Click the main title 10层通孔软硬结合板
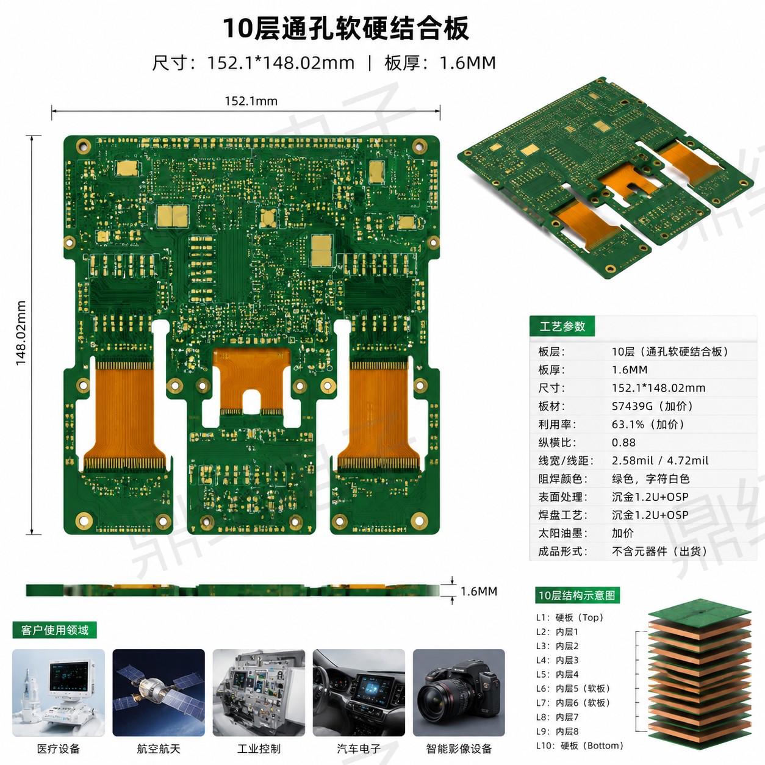(345, 29)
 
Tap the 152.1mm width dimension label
(251, 101)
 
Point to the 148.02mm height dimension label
(21, 333)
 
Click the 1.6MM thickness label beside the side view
(479, 592)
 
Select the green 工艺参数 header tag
(562, 326)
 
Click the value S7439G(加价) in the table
(653, 406)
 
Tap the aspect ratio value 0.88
(623, 443)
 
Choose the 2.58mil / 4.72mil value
(660, 461)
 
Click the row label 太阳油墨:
(562, 533)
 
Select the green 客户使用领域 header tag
(55, 630)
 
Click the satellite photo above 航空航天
(159, 693)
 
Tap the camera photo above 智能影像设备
(459, 693)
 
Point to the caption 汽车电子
(359, 749)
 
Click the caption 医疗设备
(59, 749)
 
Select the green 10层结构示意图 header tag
(577, 595)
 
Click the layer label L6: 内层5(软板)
(573, 688)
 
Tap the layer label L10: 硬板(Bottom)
(580, 745)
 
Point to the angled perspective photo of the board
(605, 177)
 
